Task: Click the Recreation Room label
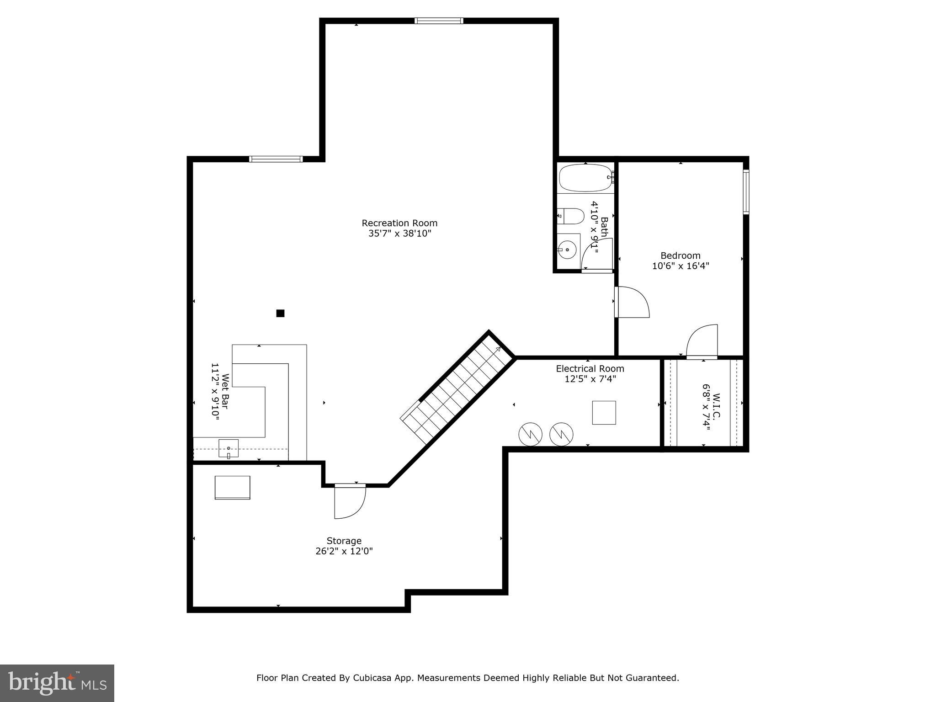(399, 223)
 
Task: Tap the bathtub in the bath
(585, 178)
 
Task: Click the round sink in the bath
(567, 250)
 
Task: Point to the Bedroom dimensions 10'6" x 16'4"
(680, 266)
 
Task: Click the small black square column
(280, 313)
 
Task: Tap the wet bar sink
(228, 448)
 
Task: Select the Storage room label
(344, 541)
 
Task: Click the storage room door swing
(349, 501)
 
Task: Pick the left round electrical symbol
(530, 434)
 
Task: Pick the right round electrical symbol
(561, 434)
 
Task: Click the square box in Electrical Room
(604, 413)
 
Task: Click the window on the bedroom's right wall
(746, 192)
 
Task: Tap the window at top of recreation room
(439, 21)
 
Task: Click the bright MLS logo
(57, 683)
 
